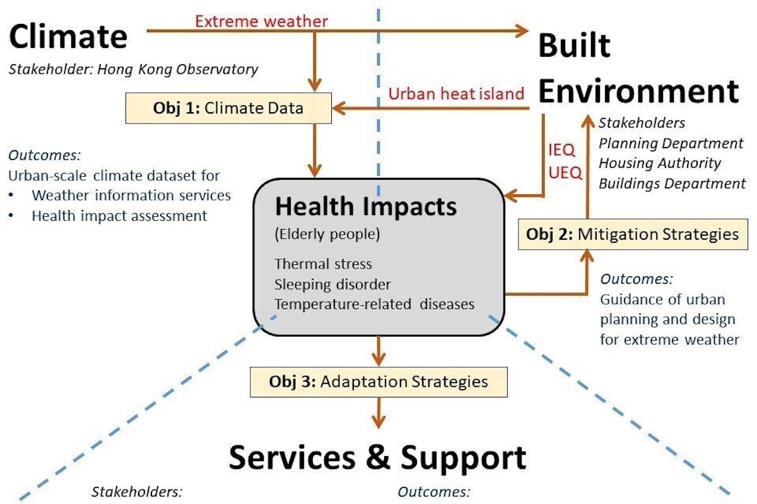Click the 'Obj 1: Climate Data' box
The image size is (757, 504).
point(228,108)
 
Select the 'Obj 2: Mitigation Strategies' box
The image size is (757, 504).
point(633,234)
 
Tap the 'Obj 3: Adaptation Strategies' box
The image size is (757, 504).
point(378,382)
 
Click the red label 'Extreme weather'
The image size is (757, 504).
point(262,21)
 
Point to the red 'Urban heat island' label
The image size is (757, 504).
point(456,93)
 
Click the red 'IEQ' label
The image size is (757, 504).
point(561,149)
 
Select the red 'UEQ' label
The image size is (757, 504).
point(565,173)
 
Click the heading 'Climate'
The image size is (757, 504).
point(68,37)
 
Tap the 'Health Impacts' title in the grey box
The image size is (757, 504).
point(366,206)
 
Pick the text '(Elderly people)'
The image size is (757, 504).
point(327,234)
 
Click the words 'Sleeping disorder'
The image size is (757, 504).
point(332,284)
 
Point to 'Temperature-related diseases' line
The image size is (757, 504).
point(375,304)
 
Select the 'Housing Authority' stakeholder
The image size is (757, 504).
point(660,163)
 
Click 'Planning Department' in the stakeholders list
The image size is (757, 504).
point(671,143)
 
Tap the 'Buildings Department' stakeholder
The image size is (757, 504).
point(672,184)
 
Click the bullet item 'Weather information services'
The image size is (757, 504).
point(131,196)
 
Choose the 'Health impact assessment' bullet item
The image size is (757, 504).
point(119,216)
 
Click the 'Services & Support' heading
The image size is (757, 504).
point(377,457)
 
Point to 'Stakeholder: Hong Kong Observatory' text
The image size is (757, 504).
point(133,69)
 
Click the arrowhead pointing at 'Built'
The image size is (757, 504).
point(522,31)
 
